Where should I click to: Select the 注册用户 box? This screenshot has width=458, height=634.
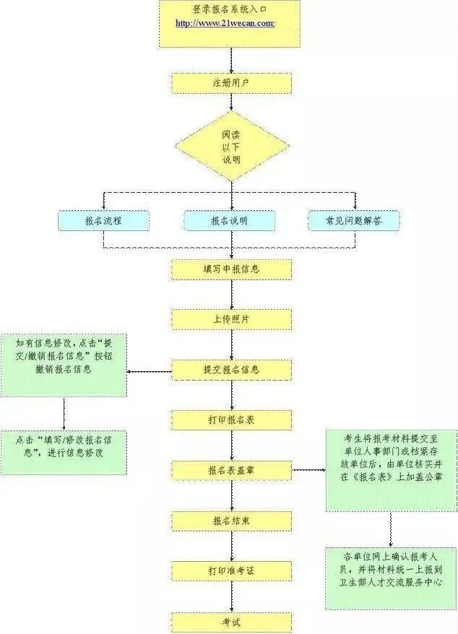point(231,83)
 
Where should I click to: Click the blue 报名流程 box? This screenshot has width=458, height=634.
point(103,221)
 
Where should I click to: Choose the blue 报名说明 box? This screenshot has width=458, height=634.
point(229,221)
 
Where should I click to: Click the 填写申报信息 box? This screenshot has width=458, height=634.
point(231,269)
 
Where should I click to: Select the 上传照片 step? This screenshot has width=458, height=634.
point(231,319)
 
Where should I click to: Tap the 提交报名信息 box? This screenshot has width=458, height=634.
point(231,370)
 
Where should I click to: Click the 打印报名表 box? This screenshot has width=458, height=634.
point(231,420)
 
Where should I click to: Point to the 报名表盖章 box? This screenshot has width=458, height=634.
point(231,470)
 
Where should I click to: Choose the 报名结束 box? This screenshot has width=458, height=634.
point(231,521)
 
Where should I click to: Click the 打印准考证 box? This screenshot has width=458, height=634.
point(231,570)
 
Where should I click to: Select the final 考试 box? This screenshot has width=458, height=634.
point(231,621)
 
